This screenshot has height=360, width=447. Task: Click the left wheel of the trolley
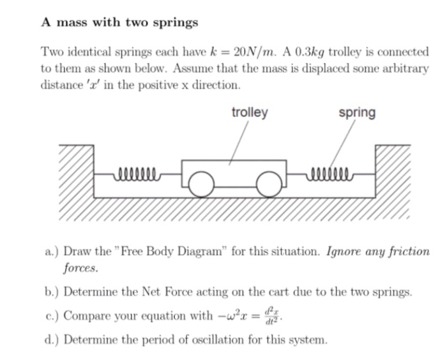coord(201,184)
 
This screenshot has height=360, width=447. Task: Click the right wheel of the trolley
coord(269,184)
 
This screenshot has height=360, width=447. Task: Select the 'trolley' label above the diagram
coord(250,113)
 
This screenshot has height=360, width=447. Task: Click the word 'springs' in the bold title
coord(176,23)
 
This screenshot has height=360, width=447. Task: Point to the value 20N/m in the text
coord(255,52)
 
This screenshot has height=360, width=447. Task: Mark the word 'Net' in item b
coord(152,292)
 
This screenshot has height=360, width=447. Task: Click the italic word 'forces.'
coord(80,268)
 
